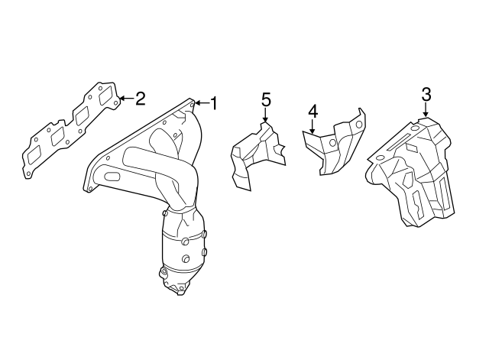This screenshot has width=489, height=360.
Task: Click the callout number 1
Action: (214, 103)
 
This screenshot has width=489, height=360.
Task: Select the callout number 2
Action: (141, 99)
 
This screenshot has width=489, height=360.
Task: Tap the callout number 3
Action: (426, 95)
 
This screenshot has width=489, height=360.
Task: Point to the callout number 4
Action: (313, 112)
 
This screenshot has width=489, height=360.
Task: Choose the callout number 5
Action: (266, 100)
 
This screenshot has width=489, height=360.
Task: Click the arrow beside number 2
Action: (127, 99)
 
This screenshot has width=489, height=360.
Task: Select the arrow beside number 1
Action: (202, 103)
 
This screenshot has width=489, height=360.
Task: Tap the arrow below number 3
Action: (426, 110)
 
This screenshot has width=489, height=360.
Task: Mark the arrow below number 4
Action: (313, 127)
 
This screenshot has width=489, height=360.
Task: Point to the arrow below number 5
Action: (265, 115)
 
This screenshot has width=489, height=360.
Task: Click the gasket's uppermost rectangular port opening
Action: (106, 96)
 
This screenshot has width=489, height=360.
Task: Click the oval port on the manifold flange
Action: (112, 177)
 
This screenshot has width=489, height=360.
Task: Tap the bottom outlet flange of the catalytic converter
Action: (176, 287)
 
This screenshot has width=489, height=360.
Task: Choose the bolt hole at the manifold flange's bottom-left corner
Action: (90, 189)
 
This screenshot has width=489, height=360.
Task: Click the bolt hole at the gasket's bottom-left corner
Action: (28, 174)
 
